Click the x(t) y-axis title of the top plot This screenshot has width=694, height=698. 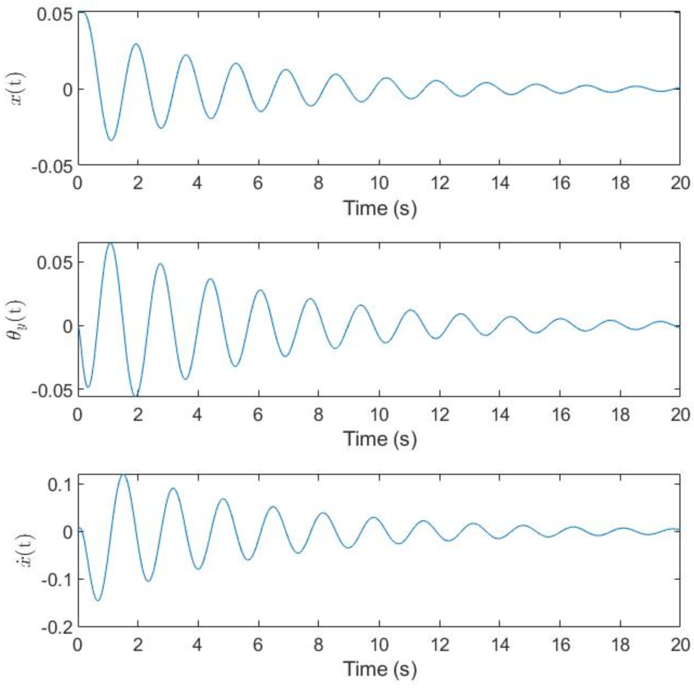coord(22,89)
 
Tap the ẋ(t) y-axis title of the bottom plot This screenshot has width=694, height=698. coord(23,550)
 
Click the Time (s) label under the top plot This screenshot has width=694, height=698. coord(380,208)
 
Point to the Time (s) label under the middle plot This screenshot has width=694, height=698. coord(380,439)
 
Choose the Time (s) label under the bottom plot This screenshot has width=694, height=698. coord(380,669)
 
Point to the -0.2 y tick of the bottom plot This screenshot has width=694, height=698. coord(57,627)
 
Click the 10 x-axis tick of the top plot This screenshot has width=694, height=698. coord(379,183)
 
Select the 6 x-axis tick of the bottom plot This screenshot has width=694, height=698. coord(258,645)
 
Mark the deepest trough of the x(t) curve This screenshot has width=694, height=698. coord(111,140)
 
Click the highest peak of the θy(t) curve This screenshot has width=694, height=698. coord(111,243)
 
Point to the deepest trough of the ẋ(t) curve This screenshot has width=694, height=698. coord(98,600)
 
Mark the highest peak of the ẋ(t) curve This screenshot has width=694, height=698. coord(123,474)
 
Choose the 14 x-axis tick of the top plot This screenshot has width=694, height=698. coord(500,183)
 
